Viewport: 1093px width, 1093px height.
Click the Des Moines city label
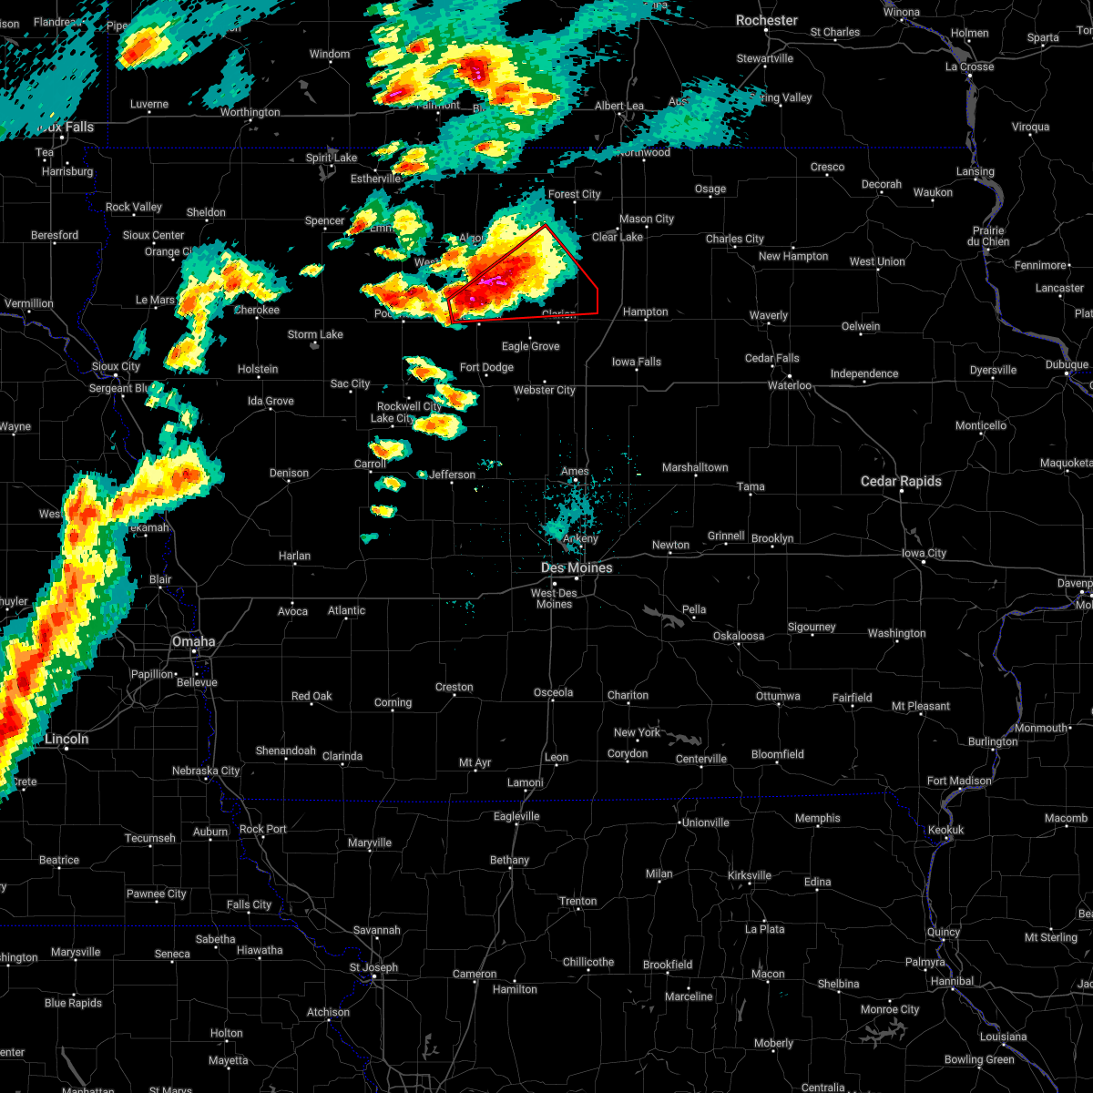point(577,567)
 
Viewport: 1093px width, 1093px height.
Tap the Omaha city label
point(193,641)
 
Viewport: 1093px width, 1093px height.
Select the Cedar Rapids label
point(901,481)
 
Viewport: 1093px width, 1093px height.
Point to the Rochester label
point(766,20)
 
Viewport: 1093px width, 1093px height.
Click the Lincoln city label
point(66,739)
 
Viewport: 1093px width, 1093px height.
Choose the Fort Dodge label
point(486,367)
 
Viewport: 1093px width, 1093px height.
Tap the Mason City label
point(647,219)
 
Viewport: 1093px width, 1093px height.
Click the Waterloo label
point(789,385)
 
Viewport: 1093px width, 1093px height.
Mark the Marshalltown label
point(695,467)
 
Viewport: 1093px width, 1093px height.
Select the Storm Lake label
point(315,334)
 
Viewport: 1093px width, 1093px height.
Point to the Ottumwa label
point(778,696)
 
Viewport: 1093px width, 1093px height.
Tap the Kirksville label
point(749,875)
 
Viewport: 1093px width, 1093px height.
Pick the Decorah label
point(881,184)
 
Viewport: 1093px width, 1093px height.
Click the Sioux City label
point(116,366)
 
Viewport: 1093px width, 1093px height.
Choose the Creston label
point(454,687)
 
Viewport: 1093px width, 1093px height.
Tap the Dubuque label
point(1066,364)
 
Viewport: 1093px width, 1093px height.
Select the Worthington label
point(250,112)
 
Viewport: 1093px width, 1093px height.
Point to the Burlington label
point(993,741)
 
